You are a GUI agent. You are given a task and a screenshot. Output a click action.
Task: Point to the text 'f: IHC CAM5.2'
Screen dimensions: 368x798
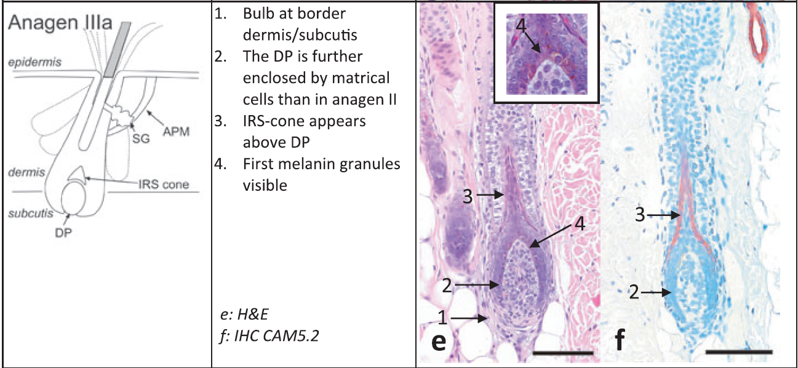tap(273, 336)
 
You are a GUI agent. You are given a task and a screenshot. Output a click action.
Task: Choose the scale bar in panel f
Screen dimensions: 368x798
tap(738, 353)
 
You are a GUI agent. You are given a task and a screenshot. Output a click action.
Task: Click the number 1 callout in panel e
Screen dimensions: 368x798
tap(441, 318)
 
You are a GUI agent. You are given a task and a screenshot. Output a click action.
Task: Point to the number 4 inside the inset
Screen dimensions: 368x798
tap(521, 27)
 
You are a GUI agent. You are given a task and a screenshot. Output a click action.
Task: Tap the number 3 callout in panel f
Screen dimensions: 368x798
tap(642, 215)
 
